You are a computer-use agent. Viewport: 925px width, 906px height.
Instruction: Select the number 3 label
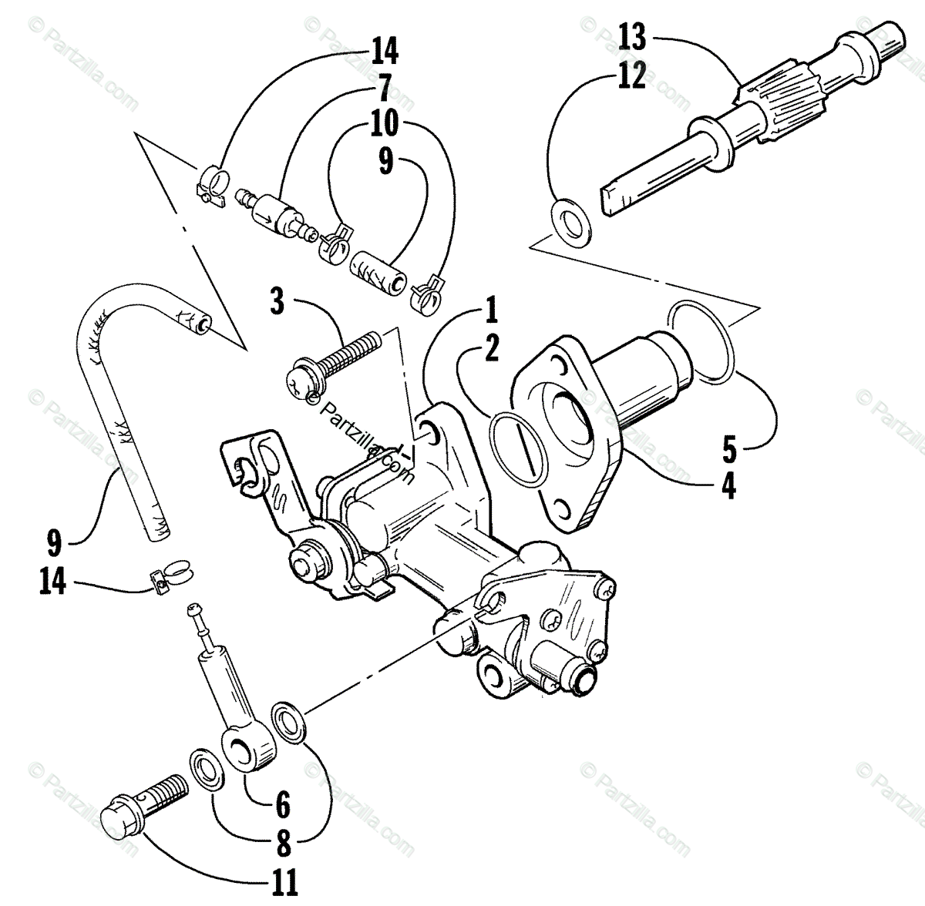(x=277, y=300)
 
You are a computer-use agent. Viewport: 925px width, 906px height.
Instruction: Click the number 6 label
(x=282, y=805)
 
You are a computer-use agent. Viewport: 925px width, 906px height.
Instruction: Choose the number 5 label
(x=728, y=447)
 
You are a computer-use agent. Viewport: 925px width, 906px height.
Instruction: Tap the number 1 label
(x=490, y=312)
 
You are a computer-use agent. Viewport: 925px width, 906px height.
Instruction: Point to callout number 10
(x=385, y=123)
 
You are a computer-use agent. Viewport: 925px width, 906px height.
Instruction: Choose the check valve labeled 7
(x=271, y=210)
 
